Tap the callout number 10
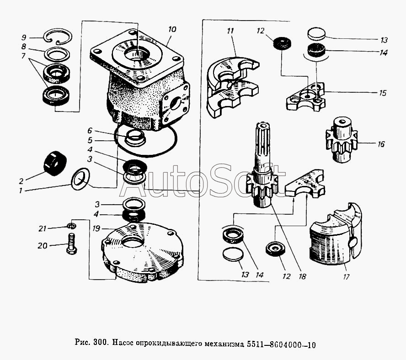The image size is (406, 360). [x=172, y=29]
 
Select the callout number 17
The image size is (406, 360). [x=346, y=276]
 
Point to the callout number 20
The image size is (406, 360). [x=43, y=246]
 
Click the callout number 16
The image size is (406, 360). [x=381, y=144]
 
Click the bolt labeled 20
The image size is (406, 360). [x=70, y=244]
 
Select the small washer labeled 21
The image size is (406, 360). [x=70, y=226]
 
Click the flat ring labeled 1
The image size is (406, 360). [x=80, y=178]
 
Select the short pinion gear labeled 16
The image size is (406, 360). [x=341, y=139]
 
